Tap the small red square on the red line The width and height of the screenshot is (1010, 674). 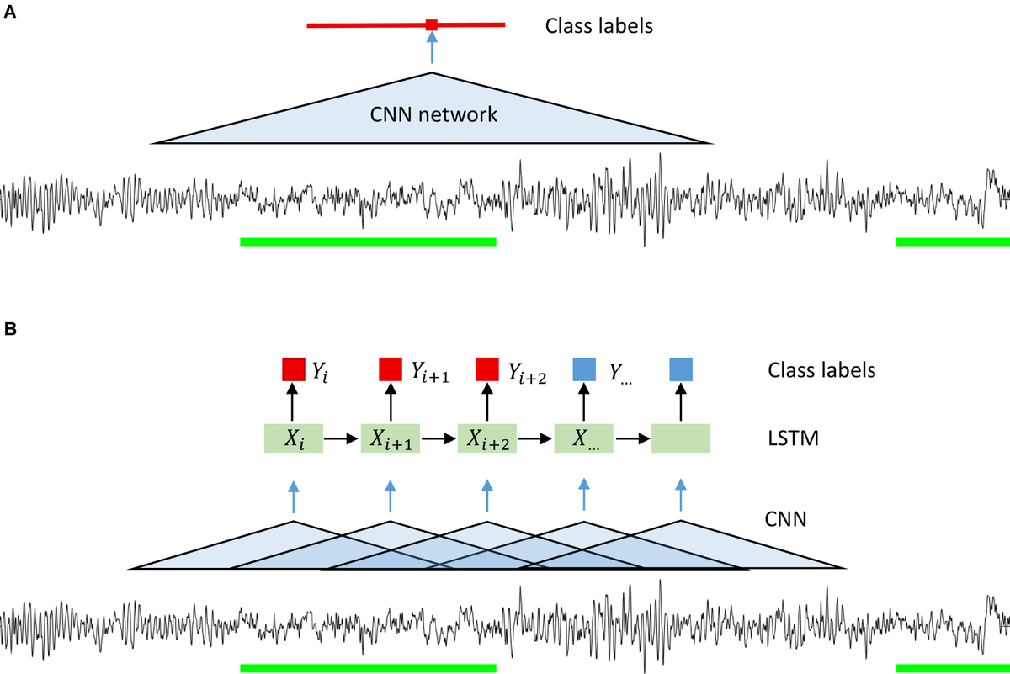pyautogui.click(x=432, y=24)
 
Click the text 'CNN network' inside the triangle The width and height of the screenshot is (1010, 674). pyautogui.click(x=433, y=114)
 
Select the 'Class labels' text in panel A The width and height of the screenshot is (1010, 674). pyautogui.click(x=598, y=25)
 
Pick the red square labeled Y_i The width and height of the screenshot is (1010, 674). pyautogui.click(x=293, y=369)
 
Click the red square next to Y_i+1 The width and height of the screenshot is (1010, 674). pyautogui.click(x=391, y=369)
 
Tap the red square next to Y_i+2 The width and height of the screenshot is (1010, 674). pyautogui.click(x=487, y=369)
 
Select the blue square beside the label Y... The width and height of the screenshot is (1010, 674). pyautogui.click(x=583, y=369)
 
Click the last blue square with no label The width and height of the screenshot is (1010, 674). pyautogui.click(x=681, y=369)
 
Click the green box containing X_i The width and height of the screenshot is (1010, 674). pyautogui.click(x=293, y=438)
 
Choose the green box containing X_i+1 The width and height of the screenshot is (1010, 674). pyautogui.click(x=391, y=438)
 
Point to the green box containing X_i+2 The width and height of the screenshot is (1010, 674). pyautogui.click(x=487, y=438)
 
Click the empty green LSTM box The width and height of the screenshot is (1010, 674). pyautogui.click(x=681, y=438)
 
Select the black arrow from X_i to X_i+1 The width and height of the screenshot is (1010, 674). pyautogui.click(x=342, y=438)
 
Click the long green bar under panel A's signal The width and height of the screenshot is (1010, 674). pyautogui.click(x=368, y=241)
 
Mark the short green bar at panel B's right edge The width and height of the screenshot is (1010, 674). pyautogui.click(x=953, y=668)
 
